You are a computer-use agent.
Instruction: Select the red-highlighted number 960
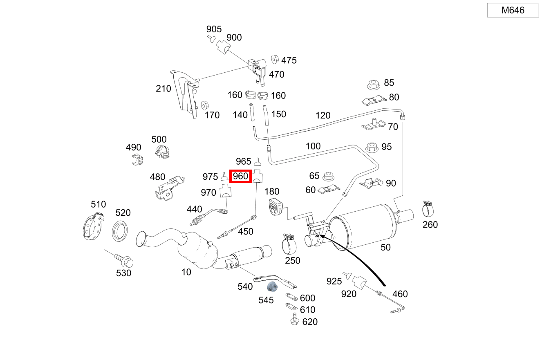pyautogui.click(x=240, y=177)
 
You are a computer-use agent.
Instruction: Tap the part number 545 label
pyautogui.click(x=266, y=300)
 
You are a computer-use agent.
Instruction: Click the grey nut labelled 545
pyautogui.click(x=273, y=286)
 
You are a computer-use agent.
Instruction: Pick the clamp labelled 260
pyautogui.click(x=428, y=209)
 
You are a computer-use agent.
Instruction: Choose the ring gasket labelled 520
pyautogui.click(x=120, y=231)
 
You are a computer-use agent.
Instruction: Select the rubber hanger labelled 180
pyautogui.click(x=274, y=207)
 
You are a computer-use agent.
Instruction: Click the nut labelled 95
pyautogui.click(x=372, y=148)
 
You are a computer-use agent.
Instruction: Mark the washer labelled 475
pyautogui.click(x=275, y=60)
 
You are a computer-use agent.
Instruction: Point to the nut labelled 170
pyautogui.click(x=205, y=105)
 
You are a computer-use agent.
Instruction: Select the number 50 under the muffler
pyautogui.click(x=385, y=247)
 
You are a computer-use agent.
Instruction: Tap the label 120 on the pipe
pyautogui.click(x=323, y=116)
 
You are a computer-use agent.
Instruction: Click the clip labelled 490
pyautogui.click(x=137, y=160)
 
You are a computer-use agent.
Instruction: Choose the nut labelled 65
pyautogui.click(x=327, y=177)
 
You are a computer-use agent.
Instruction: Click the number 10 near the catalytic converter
pyautogui.click(x=186, y=272)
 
